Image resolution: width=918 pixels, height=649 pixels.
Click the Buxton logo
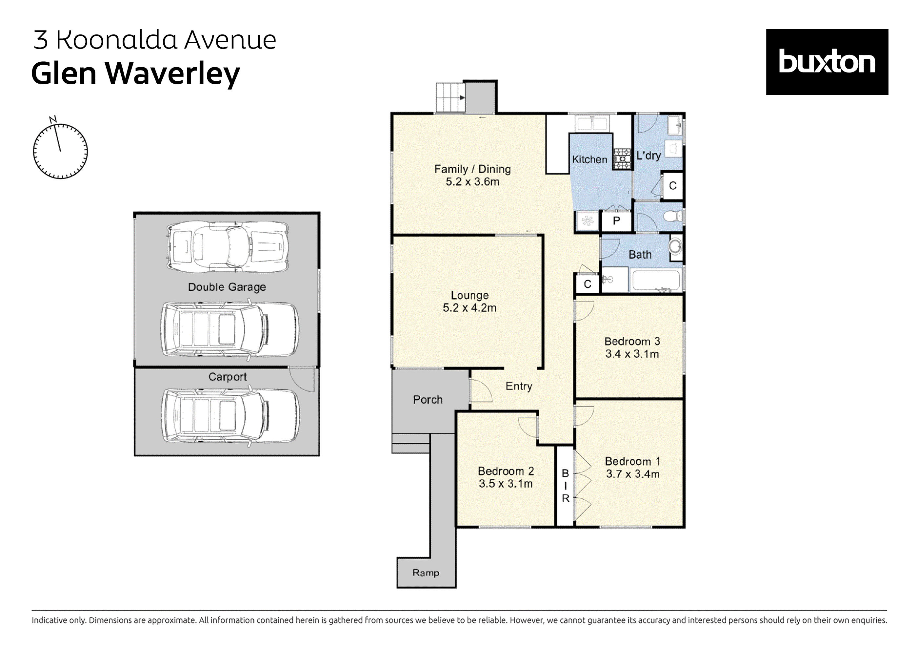(x=827, y=62)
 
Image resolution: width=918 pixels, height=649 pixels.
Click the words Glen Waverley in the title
(x=135, y=74)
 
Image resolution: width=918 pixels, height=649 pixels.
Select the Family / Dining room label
(x=472, y=169)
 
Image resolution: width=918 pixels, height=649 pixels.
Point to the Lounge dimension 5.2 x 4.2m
(x=469, y=308)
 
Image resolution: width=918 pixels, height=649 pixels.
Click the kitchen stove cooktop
(x=622, y=158)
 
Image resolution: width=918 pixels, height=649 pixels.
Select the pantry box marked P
(x=616, y=221)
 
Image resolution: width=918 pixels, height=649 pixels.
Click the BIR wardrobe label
(x=565, y=486)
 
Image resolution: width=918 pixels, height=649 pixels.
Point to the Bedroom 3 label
(x=632, y=341)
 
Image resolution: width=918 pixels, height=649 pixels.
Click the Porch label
(x=428, y=400)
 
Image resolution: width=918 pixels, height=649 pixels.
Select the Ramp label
(x=426, y=573)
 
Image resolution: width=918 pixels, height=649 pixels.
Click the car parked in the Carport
(x=230, y=416)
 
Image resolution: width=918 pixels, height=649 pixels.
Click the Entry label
(x=519, y=386)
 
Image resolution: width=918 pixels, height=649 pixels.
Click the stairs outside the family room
(x=450, y=97)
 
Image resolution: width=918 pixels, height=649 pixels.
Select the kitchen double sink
(x=592, y=124)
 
